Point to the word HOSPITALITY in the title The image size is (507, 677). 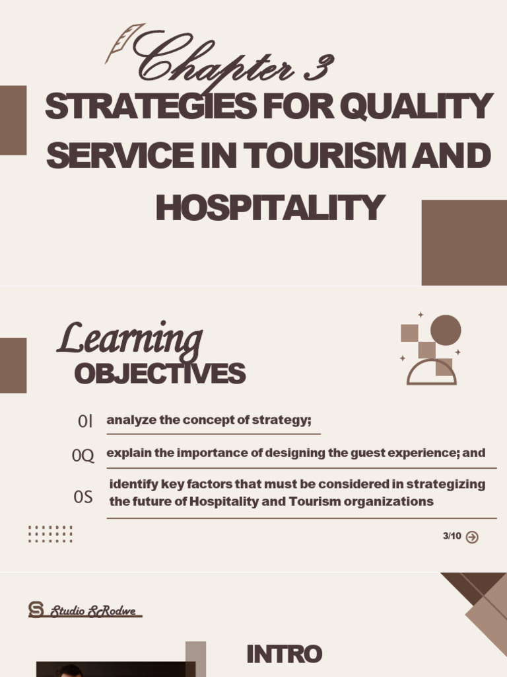point(269,208)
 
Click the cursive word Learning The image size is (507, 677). point(130,338)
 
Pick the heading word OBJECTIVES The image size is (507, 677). point(160,374)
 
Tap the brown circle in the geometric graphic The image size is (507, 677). point(446,329)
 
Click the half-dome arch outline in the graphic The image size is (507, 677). point(432,373)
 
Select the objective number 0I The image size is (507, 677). point(86,421)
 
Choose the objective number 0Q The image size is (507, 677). point(83,456)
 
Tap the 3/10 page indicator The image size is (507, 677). point(452,536)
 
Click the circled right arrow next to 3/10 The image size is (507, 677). point(472,537)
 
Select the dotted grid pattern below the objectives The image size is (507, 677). point(50,534)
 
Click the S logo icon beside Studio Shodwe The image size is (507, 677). point(36,610)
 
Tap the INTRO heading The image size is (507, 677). point(284,655)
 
